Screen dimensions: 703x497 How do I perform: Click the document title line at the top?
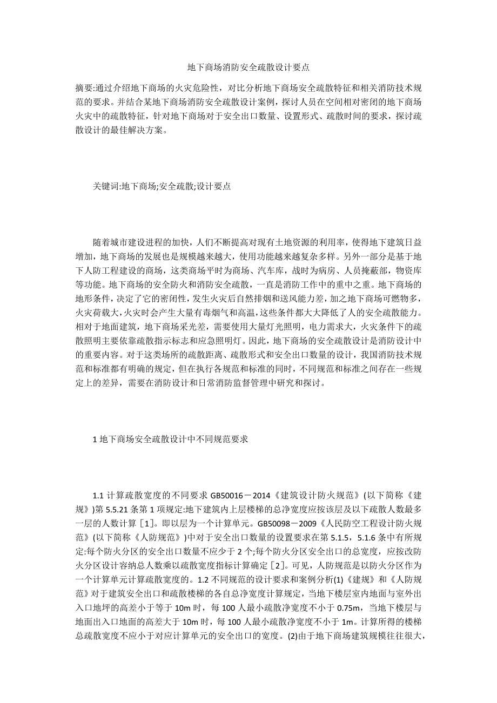point(248,67)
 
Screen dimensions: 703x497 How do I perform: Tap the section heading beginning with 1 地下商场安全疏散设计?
point(170,440)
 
